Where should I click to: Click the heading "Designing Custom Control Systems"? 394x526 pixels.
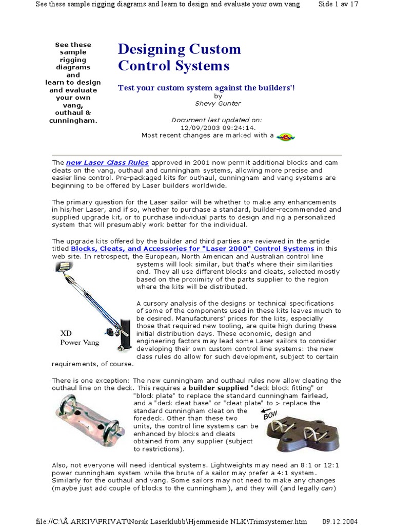(x=179, y=58)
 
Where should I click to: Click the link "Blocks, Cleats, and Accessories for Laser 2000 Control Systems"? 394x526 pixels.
(x=192, y=249)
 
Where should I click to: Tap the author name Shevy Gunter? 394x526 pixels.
(x=218, y=103)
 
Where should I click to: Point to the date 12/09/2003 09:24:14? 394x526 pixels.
(x=218, y=128)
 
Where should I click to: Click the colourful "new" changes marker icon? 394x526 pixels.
(x=286, y=136)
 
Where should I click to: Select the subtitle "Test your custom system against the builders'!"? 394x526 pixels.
(x=206, y=88)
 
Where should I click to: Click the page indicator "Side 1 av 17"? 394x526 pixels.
(x=338, y=4)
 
